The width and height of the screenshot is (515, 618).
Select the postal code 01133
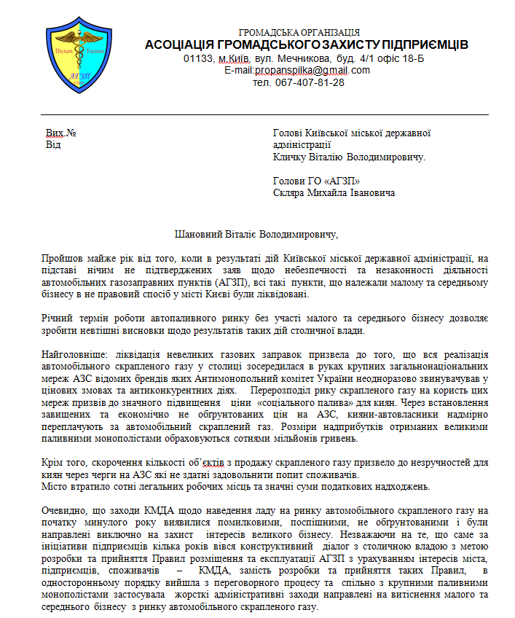click(197, 58)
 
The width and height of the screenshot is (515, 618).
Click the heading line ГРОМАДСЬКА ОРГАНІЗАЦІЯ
click(299, 33)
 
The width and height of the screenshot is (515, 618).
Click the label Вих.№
click(61, 133)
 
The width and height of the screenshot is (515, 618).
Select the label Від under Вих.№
click(53, 144)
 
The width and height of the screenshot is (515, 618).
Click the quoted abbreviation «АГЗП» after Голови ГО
click(338, 181)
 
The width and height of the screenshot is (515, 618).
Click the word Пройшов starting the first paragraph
click(63, 258)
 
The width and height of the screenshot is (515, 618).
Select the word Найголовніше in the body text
click(69, 353)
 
